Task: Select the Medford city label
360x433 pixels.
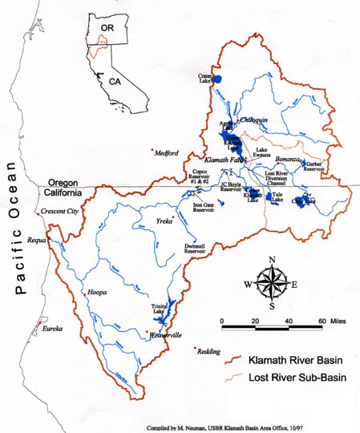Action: pos(166,153)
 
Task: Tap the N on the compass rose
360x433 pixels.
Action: pos(273,259)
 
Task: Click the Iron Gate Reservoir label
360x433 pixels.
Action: pos(204,210)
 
